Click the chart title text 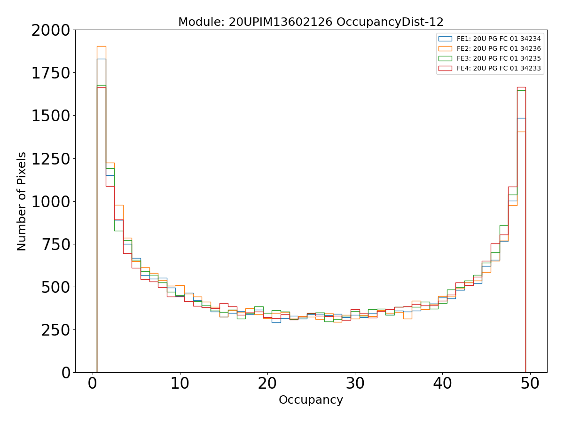311,22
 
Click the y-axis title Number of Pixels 22,201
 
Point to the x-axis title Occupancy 311,400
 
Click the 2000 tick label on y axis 51,31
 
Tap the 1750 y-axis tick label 51,74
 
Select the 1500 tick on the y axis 51,116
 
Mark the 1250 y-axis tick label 51,159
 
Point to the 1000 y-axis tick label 51,202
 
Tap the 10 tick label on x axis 180,384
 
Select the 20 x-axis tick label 267,384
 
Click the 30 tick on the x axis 355,384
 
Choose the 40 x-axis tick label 442,384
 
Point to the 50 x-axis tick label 530,384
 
